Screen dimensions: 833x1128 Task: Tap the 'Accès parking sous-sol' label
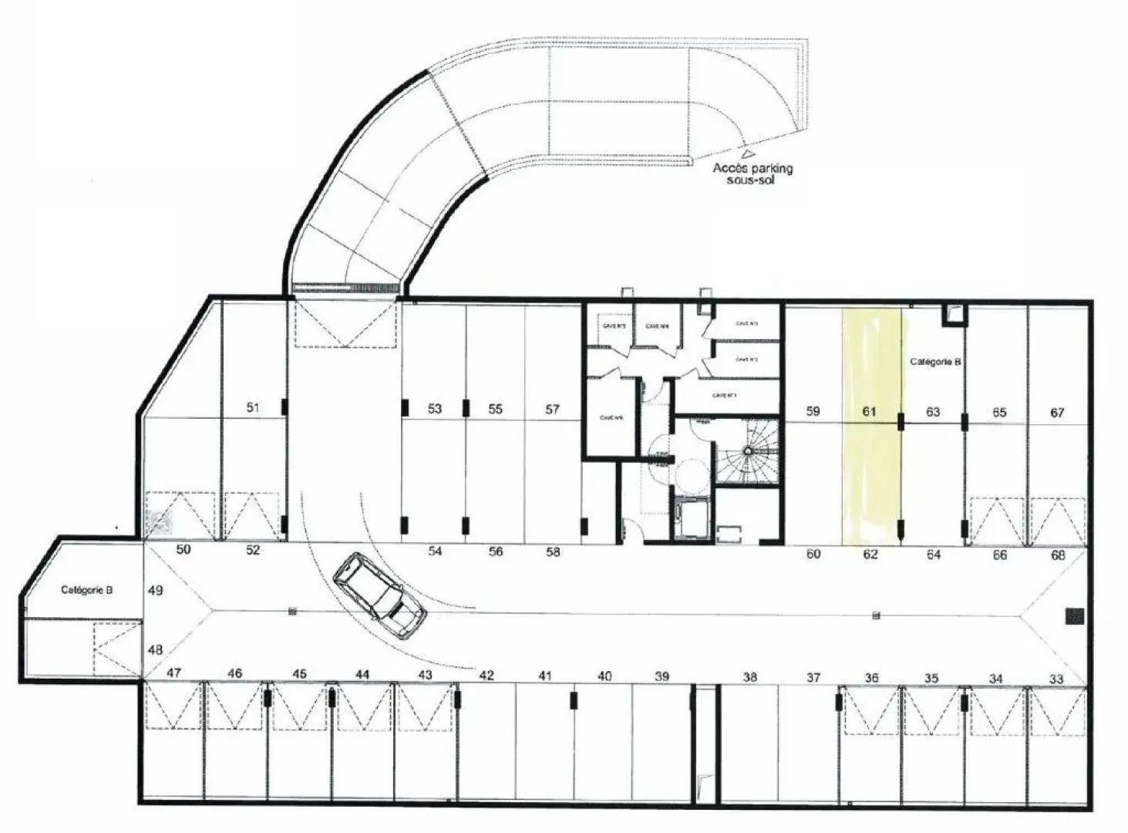tap(752, 174)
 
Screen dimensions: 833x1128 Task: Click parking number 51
tap(253, 407)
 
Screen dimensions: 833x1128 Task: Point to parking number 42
tap(486, 676)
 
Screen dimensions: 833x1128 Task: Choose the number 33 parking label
tap(1056, 679)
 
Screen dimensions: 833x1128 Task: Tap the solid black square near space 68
tap(1074, 615)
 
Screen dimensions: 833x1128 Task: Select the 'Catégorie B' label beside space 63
tap(934, 362)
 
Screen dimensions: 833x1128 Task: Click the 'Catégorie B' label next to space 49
tap(87, 590)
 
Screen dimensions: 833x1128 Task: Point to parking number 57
tap(552, 410)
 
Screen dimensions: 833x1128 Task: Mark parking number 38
tap(749, 677)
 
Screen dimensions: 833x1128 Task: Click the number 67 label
tap(1057, 413)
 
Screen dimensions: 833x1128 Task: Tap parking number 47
tap(173, 673)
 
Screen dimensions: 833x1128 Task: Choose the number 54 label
tap(435, 551)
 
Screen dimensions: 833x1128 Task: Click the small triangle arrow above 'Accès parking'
tap(746, 153)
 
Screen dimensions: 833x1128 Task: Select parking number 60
tap(813, 554)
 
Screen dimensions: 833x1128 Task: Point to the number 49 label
tap(155, 591)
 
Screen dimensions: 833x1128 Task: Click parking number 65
tap(999, 413)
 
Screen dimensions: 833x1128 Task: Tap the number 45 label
tap(299, 674)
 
